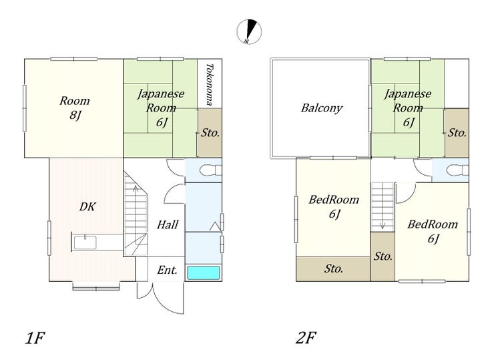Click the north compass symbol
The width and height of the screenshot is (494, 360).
pos(249,31)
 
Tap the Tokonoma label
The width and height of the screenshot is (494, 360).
pos(210,84)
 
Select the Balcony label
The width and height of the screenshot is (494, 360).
pos(322,108)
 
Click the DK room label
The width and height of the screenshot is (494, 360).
pos(87,207)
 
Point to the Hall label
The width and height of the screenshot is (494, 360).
pos(168,225)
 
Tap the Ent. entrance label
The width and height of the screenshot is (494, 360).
pos(167,270)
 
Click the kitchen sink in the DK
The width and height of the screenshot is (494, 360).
pos(85,242)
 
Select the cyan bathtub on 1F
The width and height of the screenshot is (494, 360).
pos(204,273)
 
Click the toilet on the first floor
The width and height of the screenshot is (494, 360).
pos(210,170)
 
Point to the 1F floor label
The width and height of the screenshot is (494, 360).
pos(35,338)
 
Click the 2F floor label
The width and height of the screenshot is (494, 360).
pos(306,338)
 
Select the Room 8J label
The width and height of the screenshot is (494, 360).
pos(75,108)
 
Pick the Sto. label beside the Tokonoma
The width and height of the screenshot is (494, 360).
pos(210,133)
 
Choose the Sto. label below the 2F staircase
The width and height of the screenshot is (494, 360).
pos(383,256)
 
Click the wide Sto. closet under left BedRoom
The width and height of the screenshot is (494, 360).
pos(333,269)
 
